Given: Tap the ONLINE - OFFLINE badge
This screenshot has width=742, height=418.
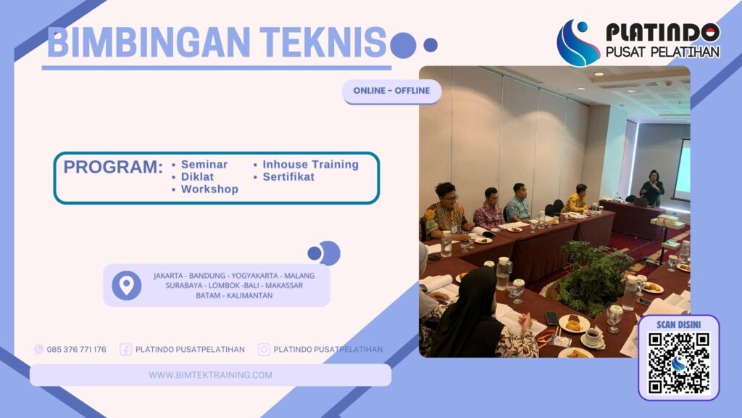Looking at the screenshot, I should click(391, 91).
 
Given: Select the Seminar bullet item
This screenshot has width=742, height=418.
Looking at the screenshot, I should click(204, 165).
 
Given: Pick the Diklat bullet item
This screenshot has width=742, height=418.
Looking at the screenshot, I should click(197, 177).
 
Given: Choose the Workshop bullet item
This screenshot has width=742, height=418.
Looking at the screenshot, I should click(209, 189).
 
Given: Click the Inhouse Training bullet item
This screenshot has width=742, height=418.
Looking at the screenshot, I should click(310, 165).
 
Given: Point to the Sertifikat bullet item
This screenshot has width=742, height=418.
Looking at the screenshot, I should click(288, 177).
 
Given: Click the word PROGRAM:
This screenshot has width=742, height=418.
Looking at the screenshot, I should click(113, 167).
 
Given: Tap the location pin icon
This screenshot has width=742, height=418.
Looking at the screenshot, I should click(127, 285).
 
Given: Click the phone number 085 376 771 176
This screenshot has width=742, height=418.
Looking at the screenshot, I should click(76, 350).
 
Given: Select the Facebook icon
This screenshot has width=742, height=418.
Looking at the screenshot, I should click(125, 350).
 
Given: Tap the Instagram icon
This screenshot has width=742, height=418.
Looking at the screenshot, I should click(264, 350).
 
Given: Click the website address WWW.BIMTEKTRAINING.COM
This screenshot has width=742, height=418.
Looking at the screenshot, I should click(210, 375).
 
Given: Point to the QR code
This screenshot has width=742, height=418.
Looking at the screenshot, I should click(678, 363).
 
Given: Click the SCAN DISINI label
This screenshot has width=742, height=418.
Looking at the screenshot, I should click(678, 324).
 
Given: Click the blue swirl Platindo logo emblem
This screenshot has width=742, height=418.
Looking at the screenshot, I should click(578, 43).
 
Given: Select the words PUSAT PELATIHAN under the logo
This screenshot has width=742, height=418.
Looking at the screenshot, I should click(662, 52).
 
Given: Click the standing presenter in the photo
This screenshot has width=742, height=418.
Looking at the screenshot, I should click(652, 189).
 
